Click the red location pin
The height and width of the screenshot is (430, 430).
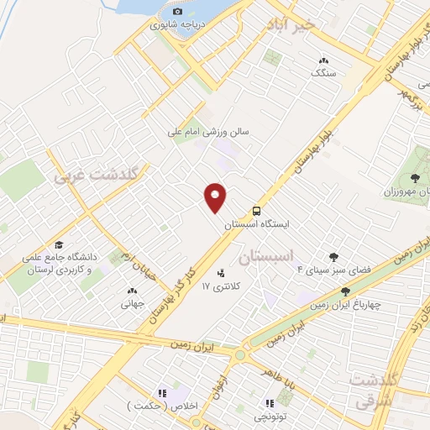pyautogui.click(x=216, y=197)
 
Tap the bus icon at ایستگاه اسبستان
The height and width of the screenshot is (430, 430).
pyautogui.click(x=256, y=211)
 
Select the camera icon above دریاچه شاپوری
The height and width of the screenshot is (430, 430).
pyautogui.click(x=177, y=11)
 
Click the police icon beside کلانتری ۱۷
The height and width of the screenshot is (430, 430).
pyautogui.click(x=221, y=272)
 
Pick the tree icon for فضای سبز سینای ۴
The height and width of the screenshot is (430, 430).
pyautogui.click(x=334, y=257)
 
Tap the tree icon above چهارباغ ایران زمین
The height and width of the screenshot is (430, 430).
pyautogui.click(x=345, y=291)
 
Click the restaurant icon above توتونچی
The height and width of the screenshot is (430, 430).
pyautogui.click(x=270, y=402)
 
